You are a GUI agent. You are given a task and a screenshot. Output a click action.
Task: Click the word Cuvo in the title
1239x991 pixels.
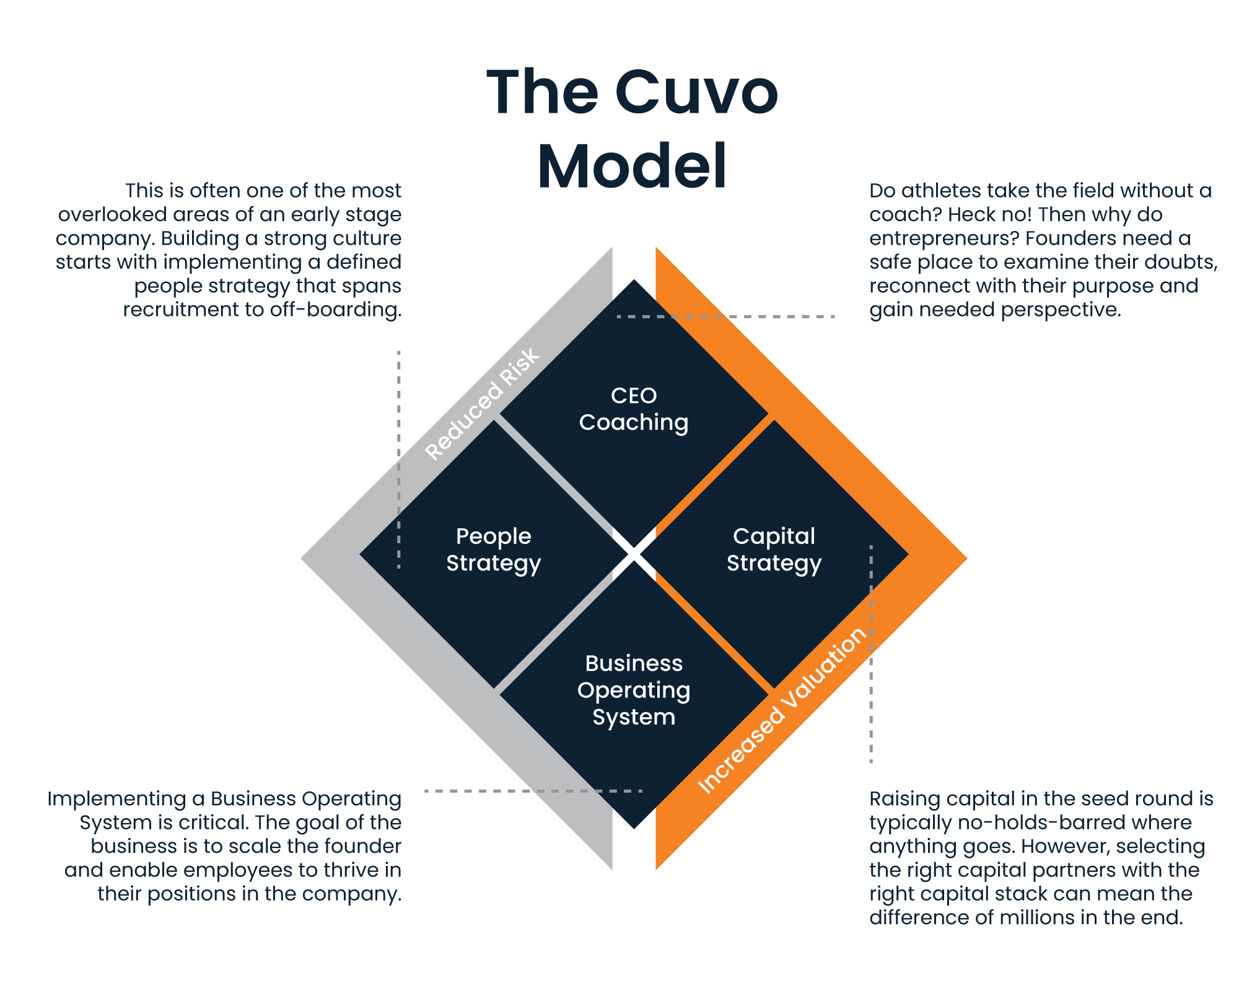point(696,93)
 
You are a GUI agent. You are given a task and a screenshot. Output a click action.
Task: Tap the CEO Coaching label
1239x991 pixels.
point(634,409)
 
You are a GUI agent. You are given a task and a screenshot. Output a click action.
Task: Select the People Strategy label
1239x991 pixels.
point(494,550)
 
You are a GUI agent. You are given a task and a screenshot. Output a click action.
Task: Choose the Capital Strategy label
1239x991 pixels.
point(774,550)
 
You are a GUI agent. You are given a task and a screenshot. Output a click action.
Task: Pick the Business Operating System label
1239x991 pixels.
point(634,690)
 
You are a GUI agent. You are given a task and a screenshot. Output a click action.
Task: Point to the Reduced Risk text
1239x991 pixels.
point(483,404)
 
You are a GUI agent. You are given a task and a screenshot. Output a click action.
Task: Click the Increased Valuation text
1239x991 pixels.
point(782,710)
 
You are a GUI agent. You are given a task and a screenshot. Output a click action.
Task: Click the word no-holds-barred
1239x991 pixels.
point(1030,823)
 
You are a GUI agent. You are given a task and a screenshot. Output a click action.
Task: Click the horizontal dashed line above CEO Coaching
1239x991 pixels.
point(726,317)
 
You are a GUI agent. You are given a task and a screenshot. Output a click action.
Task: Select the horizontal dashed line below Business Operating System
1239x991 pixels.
point(533,791)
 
